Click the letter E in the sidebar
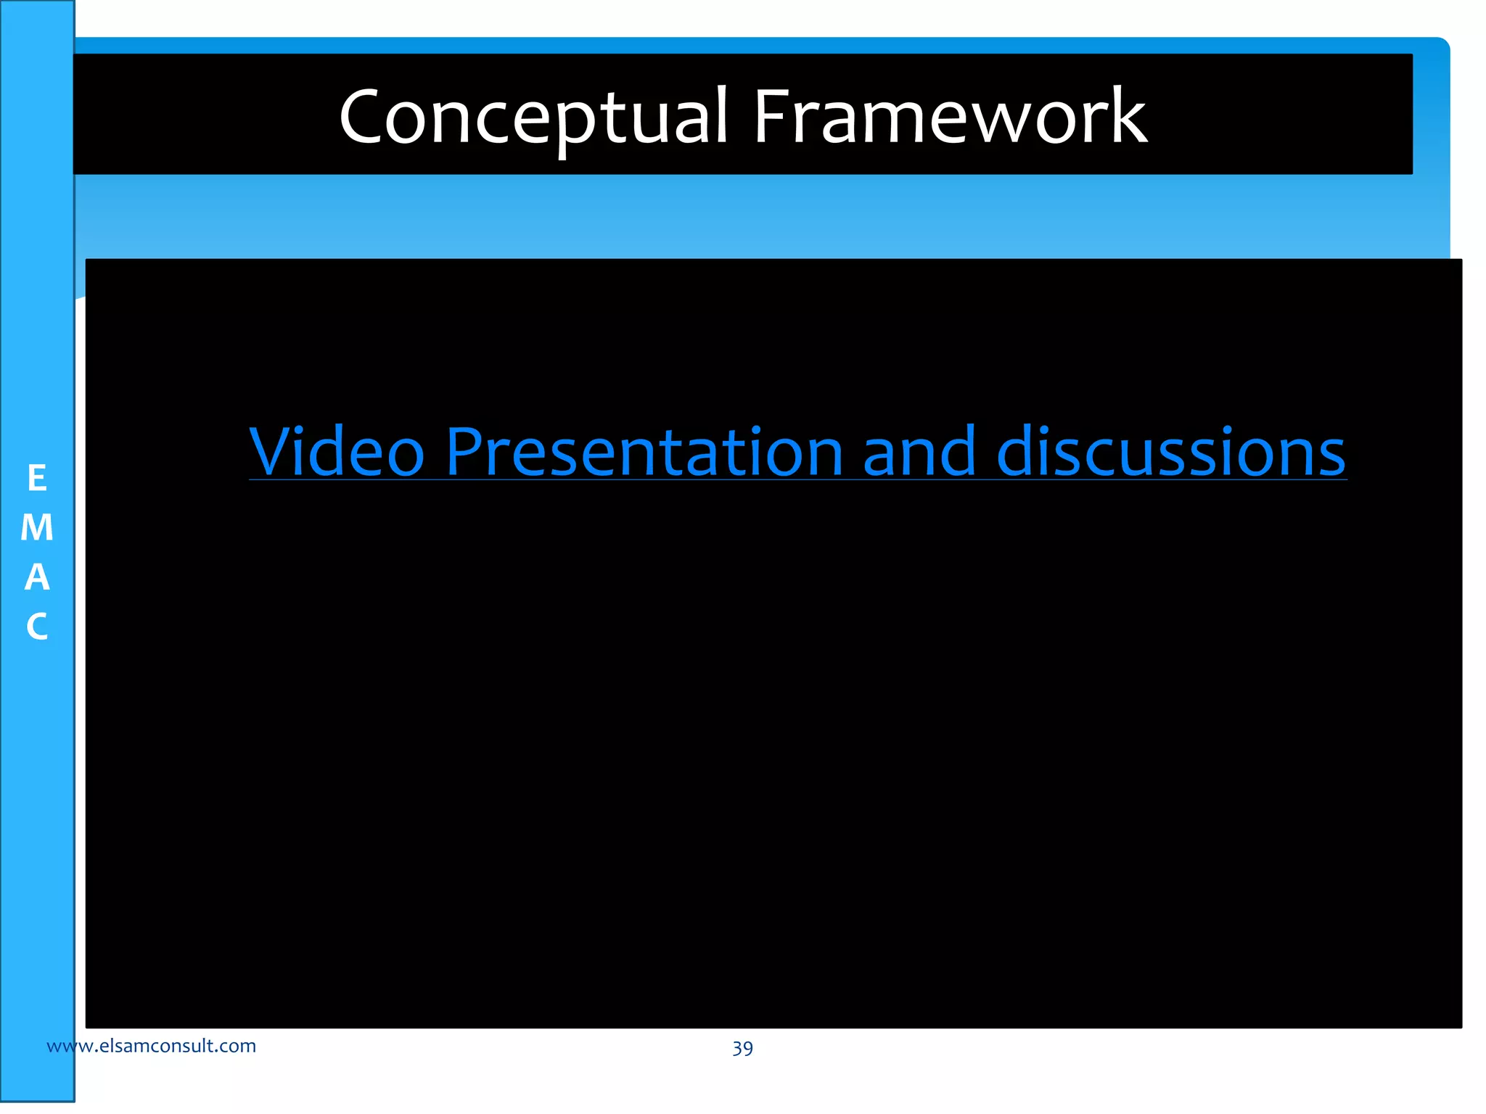tap(37, 479)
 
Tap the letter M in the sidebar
tap(37, 528)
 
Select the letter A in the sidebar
tap(37, 577)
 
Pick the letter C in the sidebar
tap(37, 627)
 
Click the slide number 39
tap(742, 1048)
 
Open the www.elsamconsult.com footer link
tap(151, 1046)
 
